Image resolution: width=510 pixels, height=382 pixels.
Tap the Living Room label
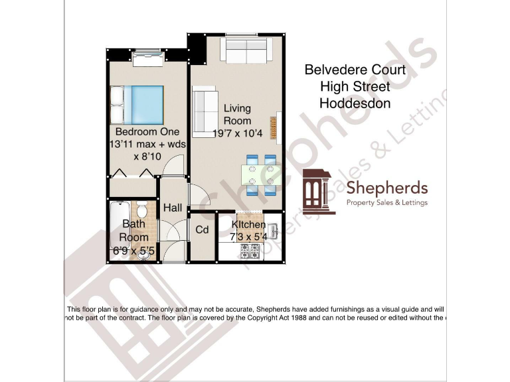click(x=237, y=115)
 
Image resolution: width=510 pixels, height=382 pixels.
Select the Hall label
click(x=172, y=208)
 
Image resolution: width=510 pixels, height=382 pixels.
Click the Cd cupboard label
click(x=203, y=229)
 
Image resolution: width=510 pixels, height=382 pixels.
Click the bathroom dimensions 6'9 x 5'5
click(x=133, y=249)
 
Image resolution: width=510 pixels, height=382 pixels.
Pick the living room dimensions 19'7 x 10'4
click(x=237, y=134)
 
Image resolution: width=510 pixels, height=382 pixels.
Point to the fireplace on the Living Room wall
click(x=273, y=125)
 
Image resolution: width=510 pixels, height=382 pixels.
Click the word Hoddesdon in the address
click(x=355, y=103)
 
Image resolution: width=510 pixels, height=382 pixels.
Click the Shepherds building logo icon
click(x=320, y=192)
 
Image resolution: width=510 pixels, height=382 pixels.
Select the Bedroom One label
click(x=147, y=131)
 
